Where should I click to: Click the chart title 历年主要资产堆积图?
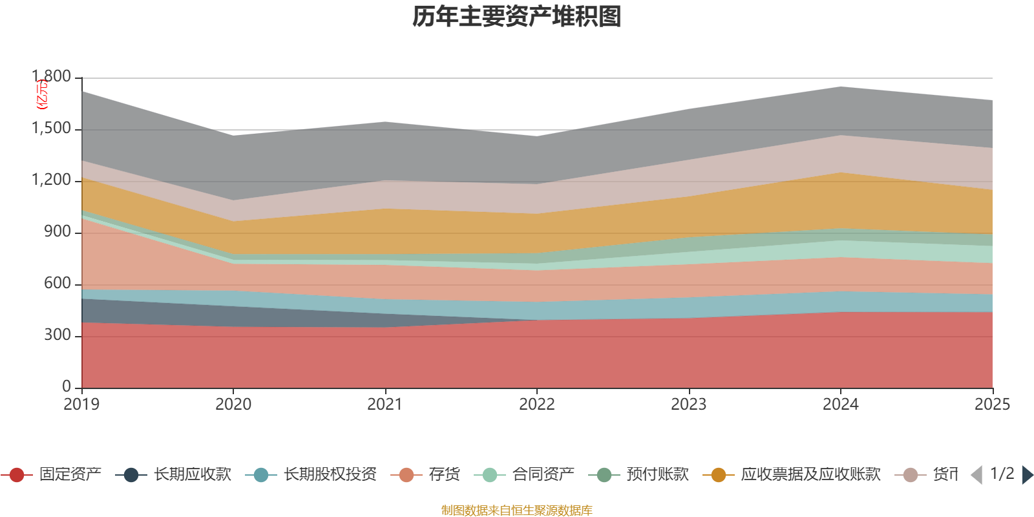517,17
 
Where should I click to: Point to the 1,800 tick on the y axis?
52,77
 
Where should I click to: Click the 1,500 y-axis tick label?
52,129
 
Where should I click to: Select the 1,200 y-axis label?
52,180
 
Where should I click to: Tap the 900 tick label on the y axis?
58,232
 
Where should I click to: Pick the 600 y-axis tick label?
58,284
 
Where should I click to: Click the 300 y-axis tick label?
58,335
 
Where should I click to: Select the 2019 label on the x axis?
81,405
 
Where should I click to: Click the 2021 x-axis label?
385,405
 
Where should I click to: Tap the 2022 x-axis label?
537,405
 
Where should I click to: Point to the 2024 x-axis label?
840,405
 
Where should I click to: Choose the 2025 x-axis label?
992,405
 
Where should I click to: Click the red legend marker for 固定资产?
17,475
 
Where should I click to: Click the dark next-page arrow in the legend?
1027,475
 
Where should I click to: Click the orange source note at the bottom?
517,511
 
